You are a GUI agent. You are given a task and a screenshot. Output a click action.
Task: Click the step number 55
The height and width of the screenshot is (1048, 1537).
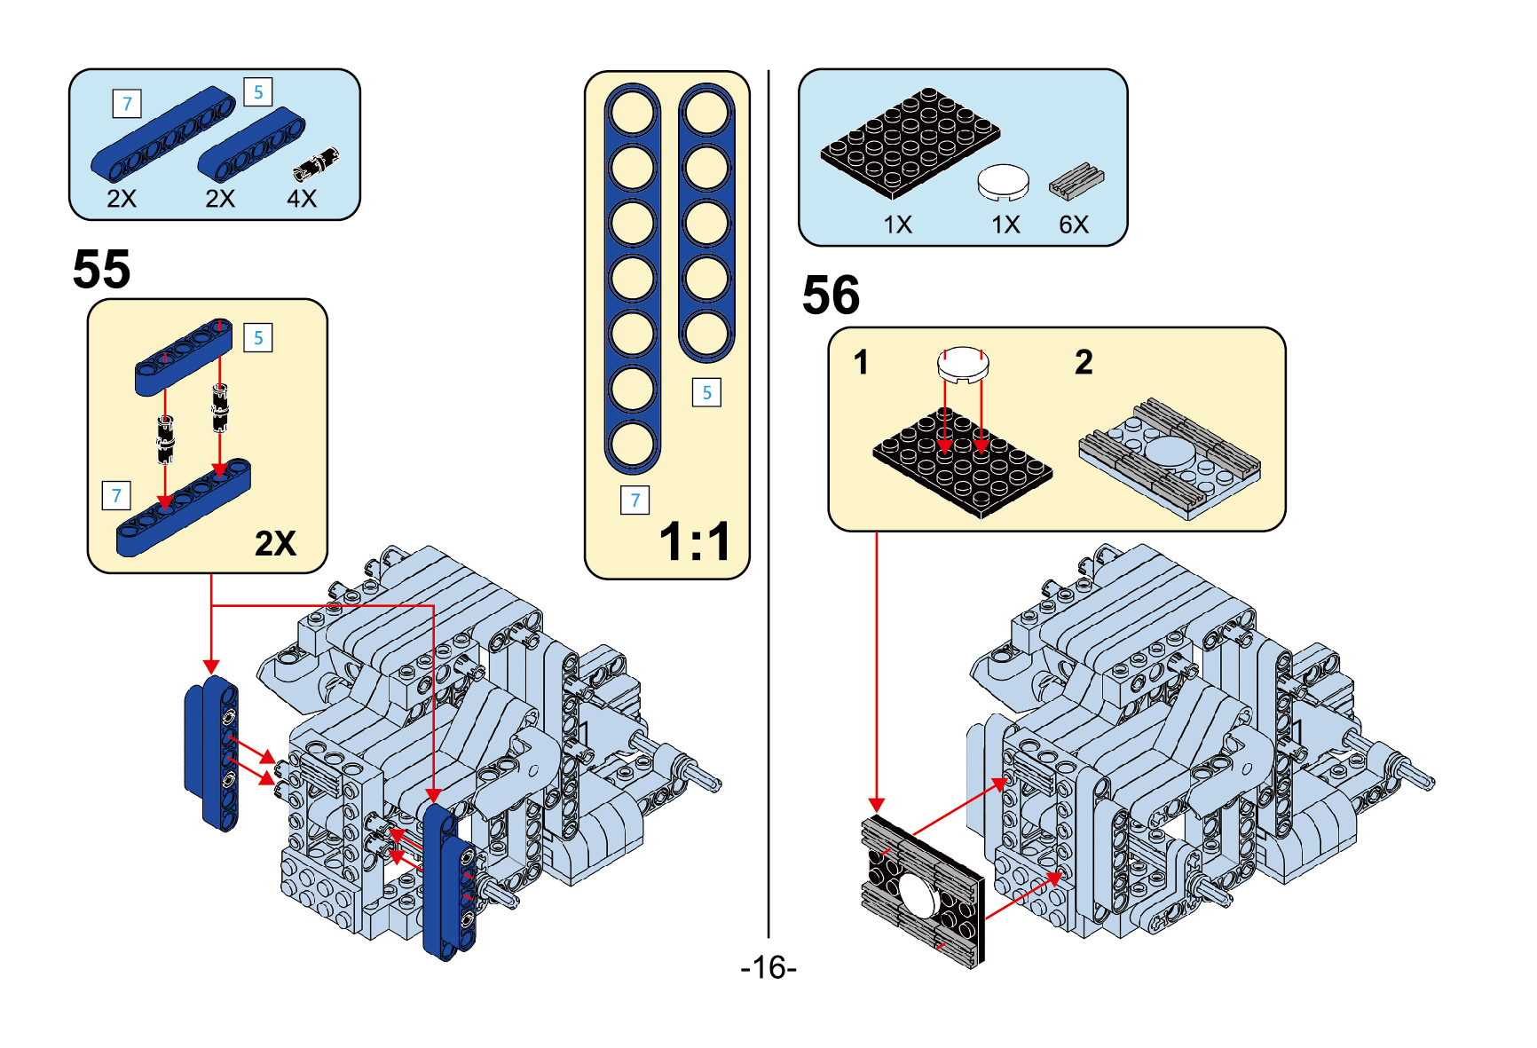[x=101, y=269]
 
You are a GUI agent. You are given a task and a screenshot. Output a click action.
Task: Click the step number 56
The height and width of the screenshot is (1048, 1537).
[x=831, y=295]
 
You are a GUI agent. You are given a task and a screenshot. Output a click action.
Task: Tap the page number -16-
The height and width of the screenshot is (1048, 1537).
[x=768, y=966]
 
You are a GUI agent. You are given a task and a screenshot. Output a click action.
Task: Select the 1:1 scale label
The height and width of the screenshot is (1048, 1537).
[x=695, y=541]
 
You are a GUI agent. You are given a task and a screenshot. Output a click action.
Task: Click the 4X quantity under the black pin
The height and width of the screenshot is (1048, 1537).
[x=302, y=198]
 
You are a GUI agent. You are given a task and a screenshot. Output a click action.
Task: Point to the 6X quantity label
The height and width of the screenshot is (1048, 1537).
[x=1074, y=225]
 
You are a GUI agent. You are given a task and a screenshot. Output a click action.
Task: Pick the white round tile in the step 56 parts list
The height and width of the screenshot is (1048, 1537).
[x=1004, y=182]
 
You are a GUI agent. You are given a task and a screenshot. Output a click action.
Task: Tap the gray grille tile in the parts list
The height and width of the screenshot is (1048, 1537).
[x=1076, y=180]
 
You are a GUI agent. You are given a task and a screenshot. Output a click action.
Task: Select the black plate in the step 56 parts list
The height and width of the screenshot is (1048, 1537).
[x=910, y=142]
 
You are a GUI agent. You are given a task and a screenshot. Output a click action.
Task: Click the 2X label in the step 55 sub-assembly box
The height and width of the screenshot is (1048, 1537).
[x=275, y=543]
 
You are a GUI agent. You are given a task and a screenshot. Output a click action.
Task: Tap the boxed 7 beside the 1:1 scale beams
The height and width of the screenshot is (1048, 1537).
[x=635, y=500]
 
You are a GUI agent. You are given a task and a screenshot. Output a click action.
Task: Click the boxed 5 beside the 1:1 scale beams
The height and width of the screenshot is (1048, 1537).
[x=706, y=392]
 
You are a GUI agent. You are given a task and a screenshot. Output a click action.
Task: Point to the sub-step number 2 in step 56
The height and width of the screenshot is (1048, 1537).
[x=1084, y=362]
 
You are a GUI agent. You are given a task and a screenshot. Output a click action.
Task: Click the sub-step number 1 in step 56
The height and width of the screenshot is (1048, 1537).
[x=861, y=362]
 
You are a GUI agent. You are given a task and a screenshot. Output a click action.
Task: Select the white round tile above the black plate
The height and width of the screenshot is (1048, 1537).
[x=963, y=363]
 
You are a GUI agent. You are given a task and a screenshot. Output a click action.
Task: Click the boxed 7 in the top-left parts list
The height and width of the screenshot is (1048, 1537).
[x=127, y=104]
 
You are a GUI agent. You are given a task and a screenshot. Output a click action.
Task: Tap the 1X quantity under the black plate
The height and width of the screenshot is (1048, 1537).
[x=897, y=225]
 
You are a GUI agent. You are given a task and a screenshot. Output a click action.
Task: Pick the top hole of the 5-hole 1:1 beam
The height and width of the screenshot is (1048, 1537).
[x=706, y=113]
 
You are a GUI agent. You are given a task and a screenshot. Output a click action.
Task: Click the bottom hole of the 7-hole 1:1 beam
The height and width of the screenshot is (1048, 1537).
[x=633, y=444]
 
